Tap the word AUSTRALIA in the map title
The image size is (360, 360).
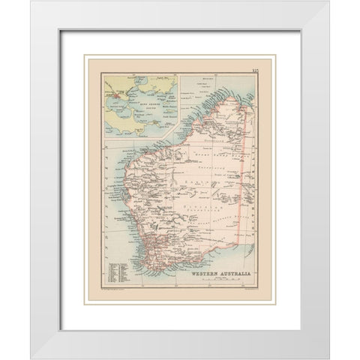click(x=229, y=273)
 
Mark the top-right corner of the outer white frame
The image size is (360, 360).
click(x=328, y=1)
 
